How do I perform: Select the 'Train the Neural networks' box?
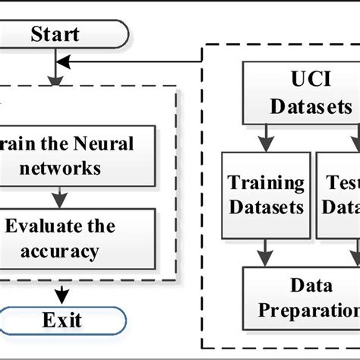coord(76,156)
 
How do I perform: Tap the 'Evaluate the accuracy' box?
coord(76,238)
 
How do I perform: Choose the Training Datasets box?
coord(266,194)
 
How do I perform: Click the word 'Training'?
coord(266,183)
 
